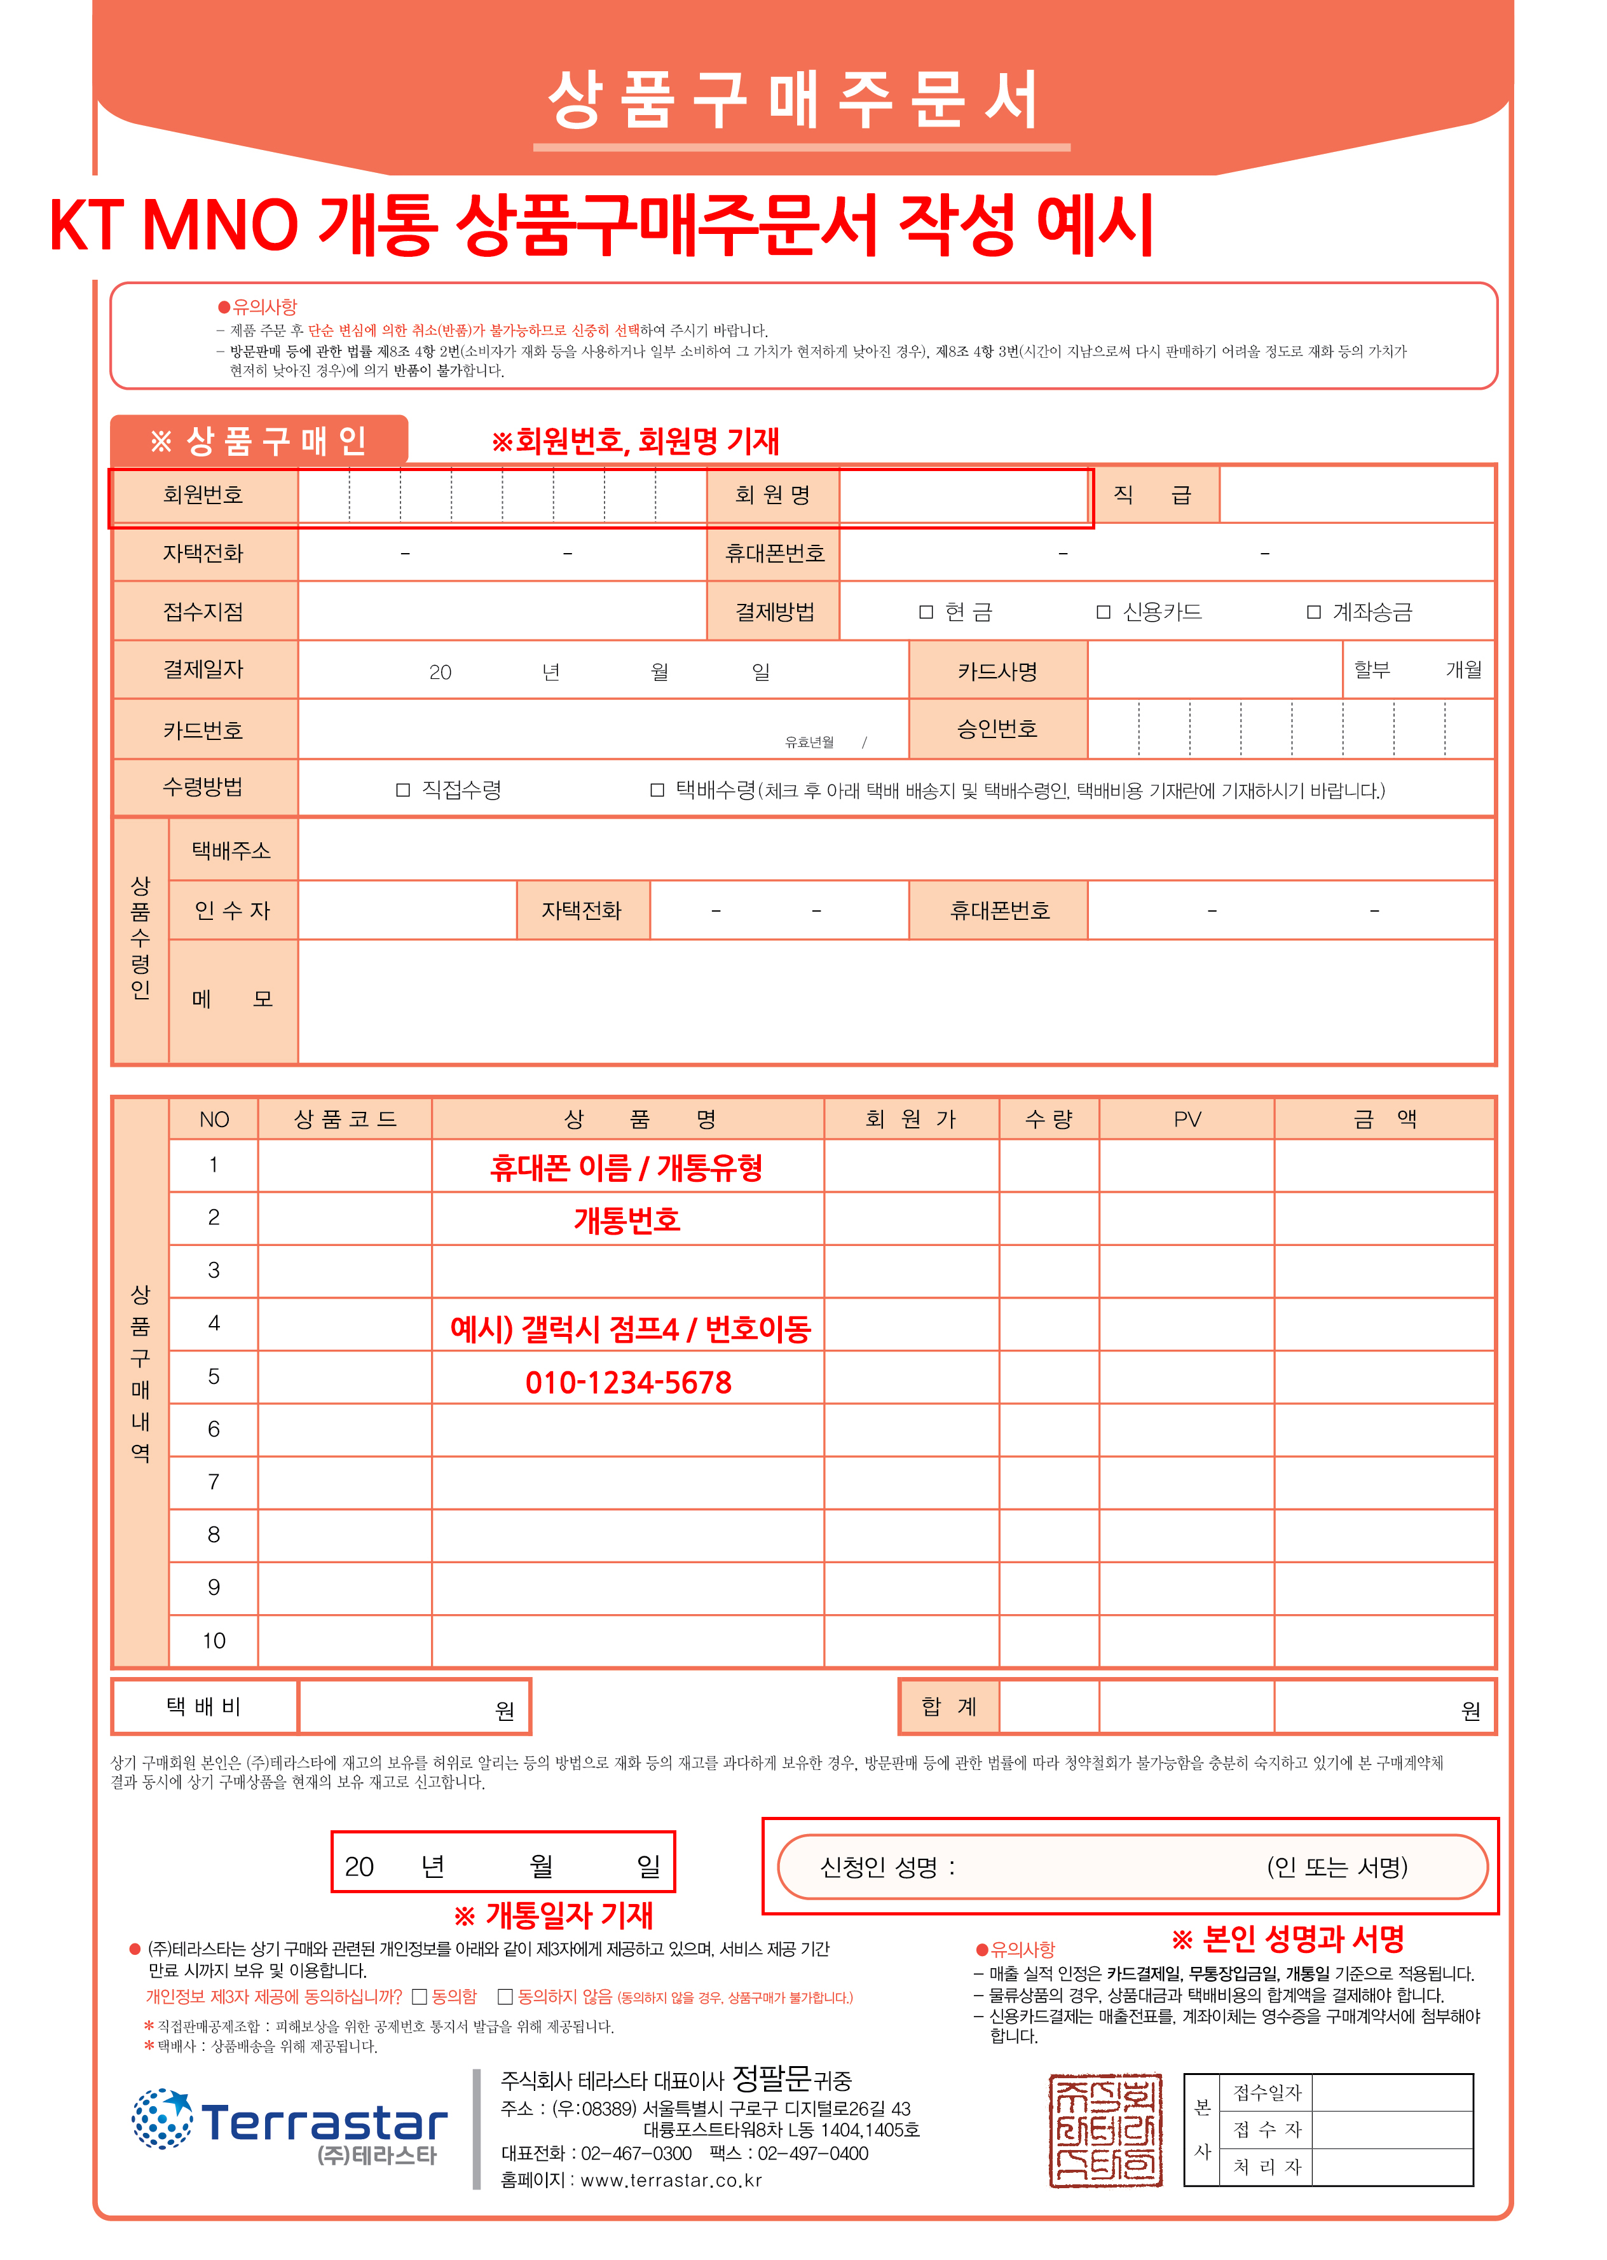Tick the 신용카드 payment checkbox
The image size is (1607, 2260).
click(1104, 612)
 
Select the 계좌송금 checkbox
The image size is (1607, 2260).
click(1313, 612)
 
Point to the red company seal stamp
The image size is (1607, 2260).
click(1105, 2130)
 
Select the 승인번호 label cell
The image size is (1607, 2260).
click(997, 729)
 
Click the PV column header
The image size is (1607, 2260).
click(1186, 1119)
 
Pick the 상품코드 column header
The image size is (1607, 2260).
click(345, 1119)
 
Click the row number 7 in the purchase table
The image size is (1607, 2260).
click(214, 1483)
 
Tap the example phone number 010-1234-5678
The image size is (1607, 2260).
click(628, 1382)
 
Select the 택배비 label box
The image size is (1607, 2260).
click(204, 1707)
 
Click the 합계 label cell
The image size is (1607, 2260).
click(949, 1707)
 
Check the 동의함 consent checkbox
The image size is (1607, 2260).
click(420, 1997)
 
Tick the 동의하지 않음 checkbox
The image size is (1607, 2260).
click(505, 1997)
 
